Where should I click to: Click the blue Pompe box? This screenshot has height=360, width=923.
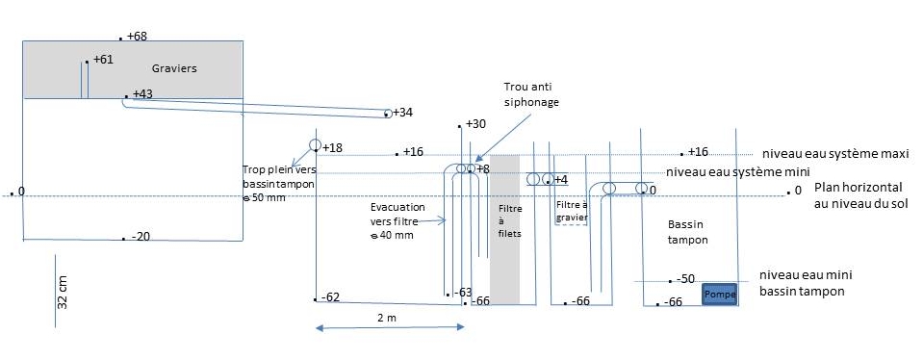point(719,295)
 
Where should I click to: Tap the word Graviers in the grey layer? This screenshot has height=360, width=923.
point(174,68)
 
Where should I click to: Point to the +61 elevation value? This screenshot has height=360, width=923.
point(103,60)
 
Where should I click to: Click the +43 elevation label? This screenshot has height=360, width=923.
point(143,93)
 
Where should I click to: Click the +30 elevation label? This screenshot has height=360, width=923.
point(475,124)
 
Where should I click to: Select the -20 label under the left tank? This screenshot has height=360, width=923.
point(141,237)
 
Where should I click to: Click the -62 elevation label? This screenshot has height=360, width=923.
point(330,297)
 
